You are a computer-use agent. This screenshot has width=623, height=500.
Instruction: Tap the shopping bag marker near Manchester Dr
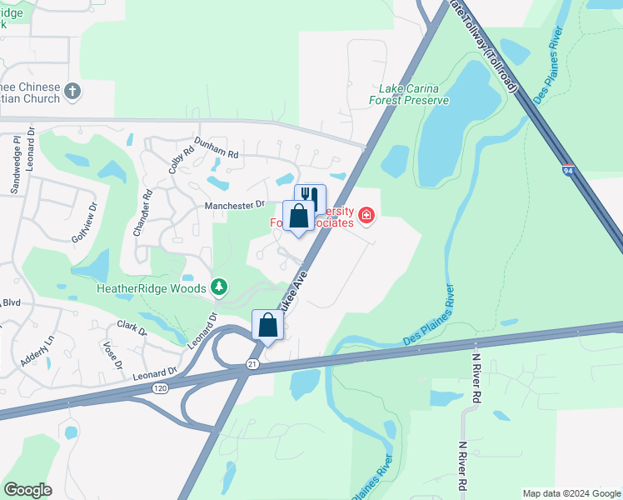[x=299, y=217]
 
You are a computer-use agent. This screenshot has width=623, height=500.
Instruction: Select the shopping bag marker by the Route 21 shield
[x=267, y=324]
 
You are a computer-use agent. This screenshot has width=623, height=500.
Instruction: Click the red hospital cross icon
[x=366, y=217]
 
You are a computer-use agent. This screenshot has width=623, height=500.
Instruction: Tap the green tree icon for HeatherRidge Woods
[x=219, y=287]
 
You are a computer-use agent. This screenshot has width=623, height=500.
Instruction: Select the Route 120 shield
[x=162, y=388]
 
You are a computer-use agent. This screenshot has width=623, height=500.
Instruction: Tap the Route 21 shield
[x=252, y=364]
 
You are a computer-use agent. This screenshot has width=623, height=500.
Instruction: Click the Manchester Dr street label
[x=235, y=204]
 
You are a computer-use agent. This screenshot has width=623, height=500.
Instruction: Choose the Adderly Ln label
[x=37, y=348]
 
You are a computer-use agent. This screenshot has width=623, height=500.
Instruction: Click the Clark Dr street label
[x=132, y=327]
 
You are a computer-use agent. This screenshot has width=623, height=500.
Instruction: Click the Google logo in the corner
[x=27, y=490]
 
